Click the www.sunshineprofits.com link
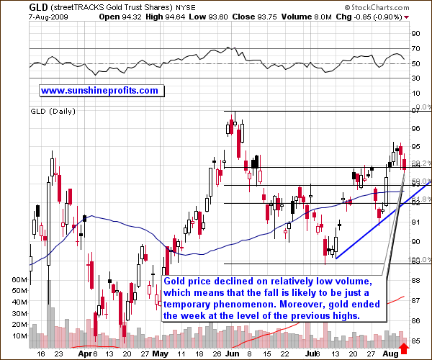tap(99, 91)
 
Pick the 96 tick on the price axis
tap(415, 129)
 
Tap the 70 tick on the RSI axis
tap(415, 48)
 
